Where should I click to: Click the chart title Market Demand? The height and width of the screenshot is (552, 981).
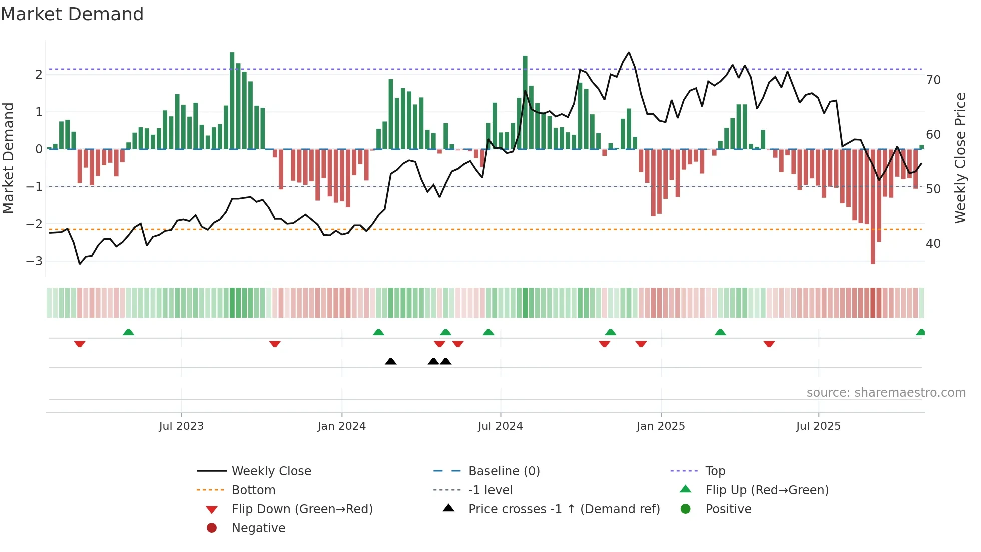tap(72, 14)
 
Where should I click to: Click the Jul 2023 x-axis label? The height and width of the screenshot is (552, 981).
tap(181, 426)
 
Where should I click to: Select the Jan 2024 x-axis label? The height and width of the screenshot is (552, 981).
tap(341, 426)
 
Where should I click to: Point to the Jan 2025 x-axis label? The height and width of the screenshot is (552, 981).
tap(660, 426)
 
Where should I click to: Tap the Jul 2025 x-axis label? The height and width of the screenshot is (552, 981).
tap(818, 426)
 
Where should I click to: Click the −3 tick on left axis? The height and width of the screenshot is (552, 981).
tap(34, 261)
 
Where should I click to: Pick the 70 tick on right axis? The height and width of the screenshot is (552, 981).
tap(933, 80)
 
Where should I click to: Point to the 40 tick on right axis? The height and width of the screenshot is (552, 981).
tap(933, 244)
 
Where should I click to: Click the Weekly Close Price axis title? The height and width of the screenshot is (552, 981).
tap(960, 158)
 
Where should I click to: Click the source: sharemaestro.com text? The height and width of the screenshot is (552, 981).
tap(886, 393)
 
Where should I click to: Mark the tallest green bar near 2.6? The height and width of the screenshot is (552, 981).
tap(232, 100)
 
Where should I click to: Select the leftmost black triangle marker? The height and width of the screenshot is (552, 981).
tap(391, 361)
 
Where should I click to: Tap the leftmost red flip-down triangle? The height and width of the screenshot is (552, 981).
tap(80, 344)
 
